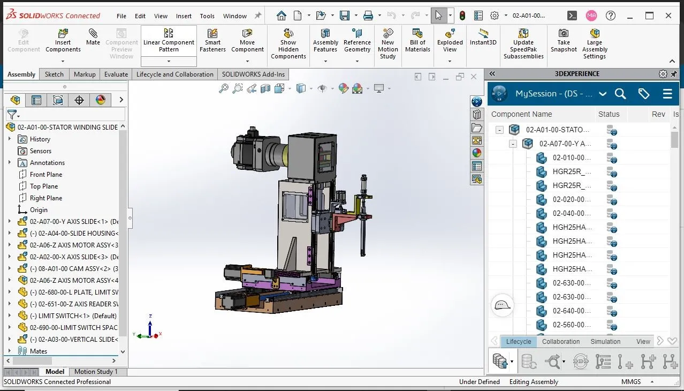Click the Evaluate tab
116,74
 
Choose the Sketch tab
54,74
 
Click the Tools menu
207,16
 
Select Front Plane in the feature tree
46,175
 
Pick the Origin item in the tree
39,210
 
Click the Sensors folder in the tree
41,151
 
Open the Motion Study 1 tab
96,372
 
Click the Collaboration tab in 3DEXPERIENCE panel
561,342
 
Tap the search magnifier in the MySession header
620,94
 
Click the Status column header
609,114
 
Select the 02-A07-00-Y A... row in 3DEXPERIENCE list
565,144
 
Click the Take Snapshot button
564,41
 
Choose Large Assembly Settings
595,43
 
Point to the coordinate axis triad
149,329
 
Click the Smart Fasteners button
212,41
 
